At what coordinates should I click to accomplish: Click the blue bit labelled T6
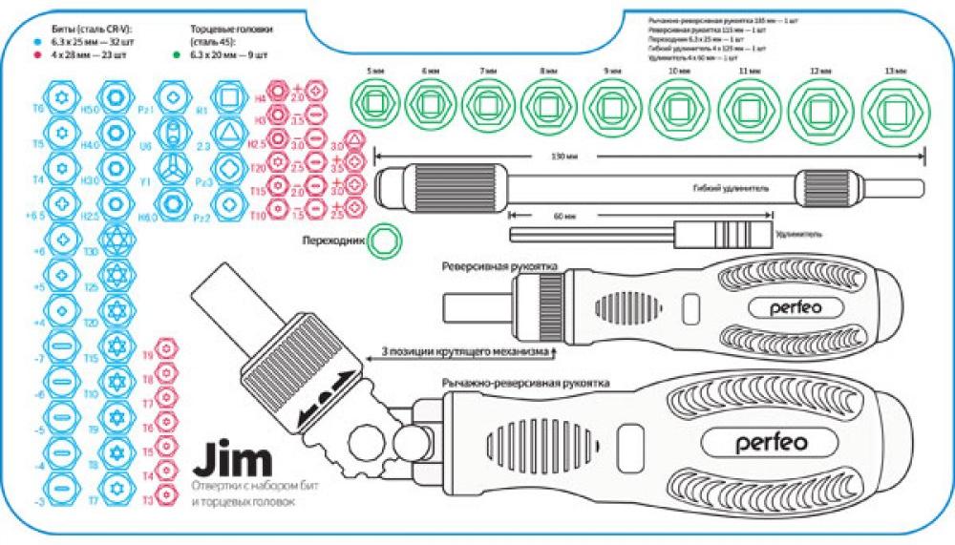(63, 105)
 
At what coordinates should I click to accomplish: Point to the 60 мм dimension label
(563, 217)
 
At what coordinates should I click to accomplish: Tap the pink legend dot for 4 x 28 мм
(35, 55)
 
